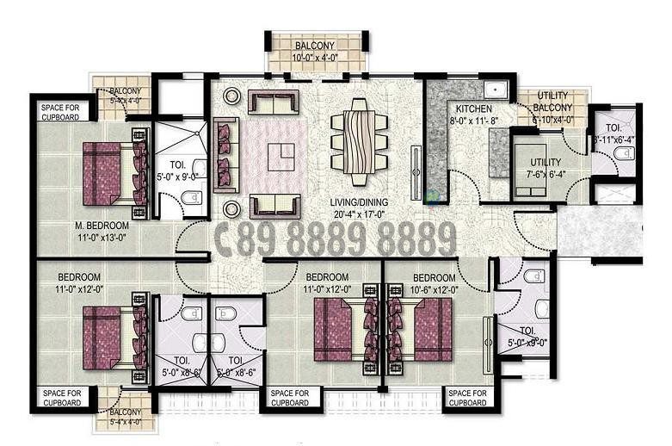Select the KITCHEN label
pyautogui.click(x=473, y=109)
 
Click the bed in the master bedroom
pyautogui.click(x=109, y=172)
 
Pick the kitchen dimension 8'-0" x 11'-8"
pyautogui.click(x=474, y=121)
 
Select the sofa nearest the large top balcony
pyautogui.click(x=274, y=102)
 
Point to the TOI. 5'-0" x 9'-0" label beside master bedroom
pyautogui.click(x=178, y=170)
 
